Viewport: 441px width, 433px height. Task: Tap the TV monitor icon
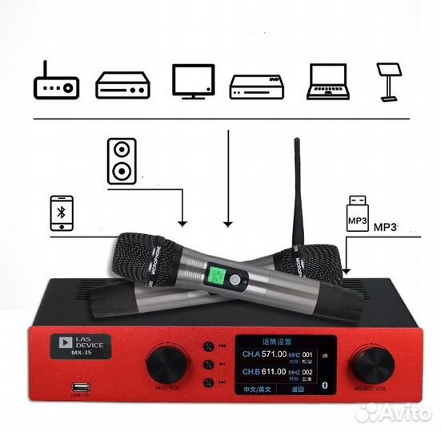pyautogui.click(x=193, y=80)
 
